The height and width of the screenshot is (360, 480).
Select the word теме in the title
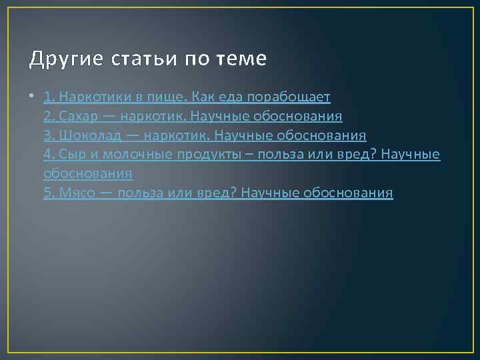(241, 60)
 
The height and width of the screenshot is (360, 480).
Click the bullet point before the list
(33, 97)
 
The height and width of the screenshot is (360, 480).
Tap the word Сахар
(79, 117)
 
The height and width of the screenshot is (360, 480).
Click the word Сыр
(70, 155)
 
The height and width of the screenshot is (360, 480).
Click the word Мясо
(77, 193)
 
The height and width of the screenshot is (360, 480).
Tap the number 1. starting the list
(49, 97)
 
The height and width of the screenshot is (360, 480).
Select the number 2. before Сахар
(49, 117)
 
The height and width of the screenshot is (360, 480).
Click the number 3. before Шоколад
(49, 136)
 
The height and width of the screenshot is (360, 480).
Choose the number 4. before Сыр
(49, 155)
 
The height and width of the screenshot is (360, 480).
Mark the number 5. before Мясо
(49, 193)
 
